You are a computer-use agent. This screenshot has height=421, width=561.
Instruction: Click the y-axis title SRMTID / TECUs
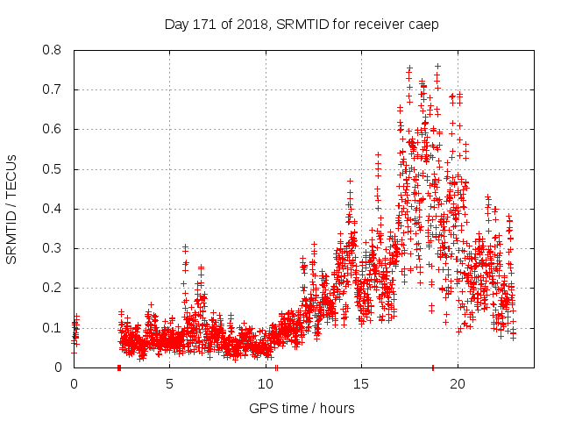12,209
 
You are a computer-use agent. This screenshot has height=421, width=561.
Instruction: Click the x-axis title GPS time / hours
302,408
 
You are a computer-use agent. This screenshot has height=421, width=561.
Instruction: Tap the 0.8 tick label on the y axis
54,50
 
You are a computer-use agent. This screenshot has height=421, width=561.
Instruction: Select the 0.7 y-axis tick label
54,89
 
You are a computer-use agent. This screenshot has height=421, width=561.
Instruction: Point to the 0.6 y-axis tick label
54,129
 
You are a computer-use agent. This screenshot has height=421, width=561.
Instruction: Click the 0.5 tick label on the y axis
54,169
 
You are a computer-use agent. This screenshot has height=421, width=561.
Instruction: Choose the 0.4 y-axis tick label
54,209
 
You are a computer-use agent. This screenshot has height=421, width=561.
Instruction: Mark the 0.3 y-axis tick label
54,248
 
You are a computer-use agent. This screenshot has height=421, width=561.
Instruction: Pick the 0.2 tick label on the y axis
54,288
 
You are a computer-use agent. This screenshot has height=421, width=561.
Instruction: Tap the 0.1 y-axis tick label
54,328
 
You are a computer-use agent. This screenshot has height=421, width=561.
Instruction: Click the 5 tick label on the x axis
170,384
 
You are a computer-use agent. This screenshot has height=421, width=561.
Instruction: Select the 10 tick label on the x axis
266,384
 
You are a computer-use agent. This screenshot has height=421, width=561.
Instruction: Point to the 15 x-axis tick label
361,384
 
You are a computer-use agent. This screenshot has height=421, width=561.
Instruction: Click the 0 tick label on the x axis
74,384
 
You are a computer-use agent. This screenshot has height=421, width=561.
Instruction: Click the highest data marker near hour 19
437,66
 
